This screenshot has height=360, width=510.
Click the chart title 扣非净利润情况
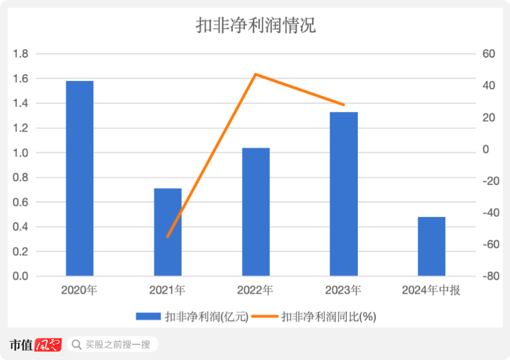(255, 25)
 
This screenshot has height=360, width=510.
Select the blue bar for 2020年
(80, 178)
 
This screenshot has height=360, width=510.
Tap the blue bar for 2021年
(168, 232)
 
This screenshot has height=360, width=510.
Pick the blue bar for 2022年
(256, 212)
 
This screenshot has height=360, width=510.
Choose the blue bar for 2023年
(344, 194)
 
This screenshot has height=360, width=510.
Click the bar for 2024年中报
(432, 246)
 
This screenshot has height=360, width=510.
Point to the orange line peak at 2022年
(256, 74)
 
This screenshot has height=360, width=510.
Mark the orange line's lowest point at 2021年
(168, 236)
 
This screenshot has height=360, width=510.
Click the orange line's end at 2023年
(344, 105)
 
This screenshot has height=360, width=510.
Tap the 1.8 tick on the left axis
(21, 54)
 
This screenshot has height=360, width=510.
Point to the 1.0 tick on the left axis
(21, 153)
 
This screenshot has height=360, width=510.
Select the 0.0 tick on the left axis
(21, 276)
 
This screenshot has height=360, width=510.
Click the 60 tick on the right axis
(488, 54)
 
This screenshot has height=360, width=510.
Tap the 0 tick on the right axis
(485, 150)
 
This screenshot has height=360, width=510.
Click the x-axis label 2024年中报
(432, 291)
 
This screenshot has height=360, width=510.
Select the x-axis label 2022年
(256, 291)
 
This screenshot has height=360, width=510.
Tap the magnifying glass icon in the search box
(76, 344)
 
